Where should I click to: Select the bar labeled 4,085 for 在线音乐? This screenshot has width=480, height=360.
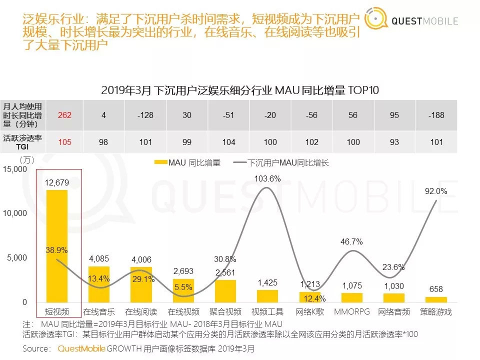(x=99, y=284)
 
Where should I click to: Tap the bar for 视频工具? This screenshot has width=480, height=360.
(x=267, y=296)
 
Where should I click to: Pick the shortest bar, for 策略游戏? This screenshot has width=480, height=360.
(x=436, y=299)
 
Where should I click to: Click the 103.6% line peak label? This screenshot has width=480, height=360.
(x=267, y=178)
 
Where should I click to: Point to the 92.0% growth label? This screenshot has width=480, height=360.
(x=435, y=191)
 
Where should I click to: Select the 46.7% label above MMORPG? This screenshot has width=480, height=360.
(x=351, y=241)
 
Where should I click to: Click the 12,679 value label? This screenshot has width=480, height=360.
(x=56, y=183)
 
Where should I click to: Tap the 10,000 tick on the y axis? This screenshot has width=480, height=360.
(x=15, y=213)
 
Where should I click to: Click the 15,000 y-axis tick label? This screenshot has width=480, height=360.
(x=15, y=169)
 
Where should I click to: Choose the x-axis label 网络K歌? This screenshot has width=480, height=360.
(x=310, y=312)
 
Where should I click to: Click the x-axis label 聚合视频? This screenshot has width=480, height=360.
(x=225, y=312)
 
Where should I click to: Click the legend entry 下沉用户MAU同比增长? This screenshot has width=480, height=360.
(x=281, y=162)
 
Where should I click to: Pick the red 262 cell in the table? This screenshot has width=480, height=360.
(x=64, y=115)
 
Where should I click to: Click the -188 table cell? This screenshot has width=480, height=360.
(x=436, y=115)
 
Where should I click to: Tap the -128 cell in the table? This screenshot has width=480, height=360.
(x=145, y=115)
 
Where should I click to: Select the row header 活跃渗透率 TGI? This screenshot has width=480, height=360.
(x=23, y=142)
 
